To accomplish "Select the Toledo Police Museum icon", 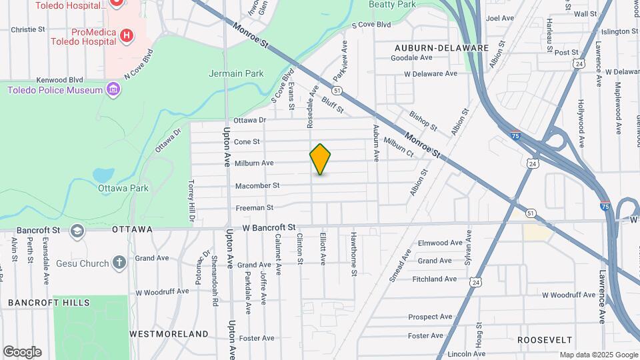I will click(x=113, y=89).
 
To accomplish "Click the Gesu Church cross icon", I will click(x=119, y=263).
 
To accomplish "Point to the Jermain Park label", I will click(x=236, y=73).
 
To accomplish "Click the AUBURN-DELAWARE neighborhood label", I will click(x=441, y=48).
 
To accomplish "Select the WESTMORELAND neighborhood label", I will click(x=169, y=333).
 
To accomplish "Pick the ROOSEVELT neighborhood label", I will click(x=545, y=339).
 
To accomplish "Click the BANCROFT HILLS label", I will click(x=49, y=303).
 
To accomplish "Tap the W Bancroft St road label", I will click(x=269, y=227).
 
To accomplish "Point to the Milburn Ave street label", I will click(x=254, y=163).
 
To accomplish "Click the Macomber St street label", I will click(x=257, y=185).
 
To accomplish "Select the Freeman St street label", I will click(x=255, y=208).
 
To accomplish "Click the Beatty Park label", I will click(x=392, y=4).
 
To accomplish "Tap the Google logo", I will click(x=22, y=352).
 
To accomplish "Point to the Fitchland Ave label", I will click(x=434, y=279).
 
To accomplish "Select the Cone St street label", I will click(x=247, y=141).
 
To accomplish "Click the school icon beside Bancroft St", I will click(x=77, y=230).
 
